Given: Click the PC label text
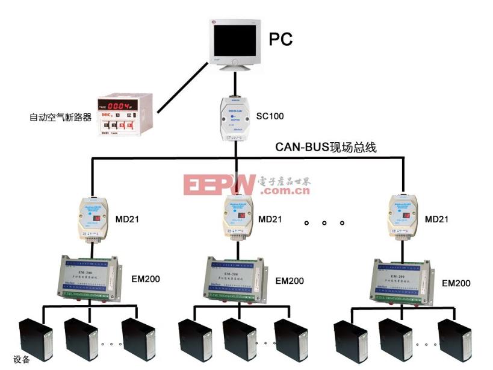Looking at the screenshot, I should coord(281,40).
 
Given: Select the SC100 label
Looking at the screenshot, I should coord(270,115).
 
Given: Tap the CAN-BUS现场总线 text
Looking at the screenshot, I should coord(326,146).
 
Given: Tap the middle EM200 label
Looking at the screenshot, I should coord(289,281).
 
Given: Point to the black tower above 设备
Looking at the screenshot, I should coord(34,340).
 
